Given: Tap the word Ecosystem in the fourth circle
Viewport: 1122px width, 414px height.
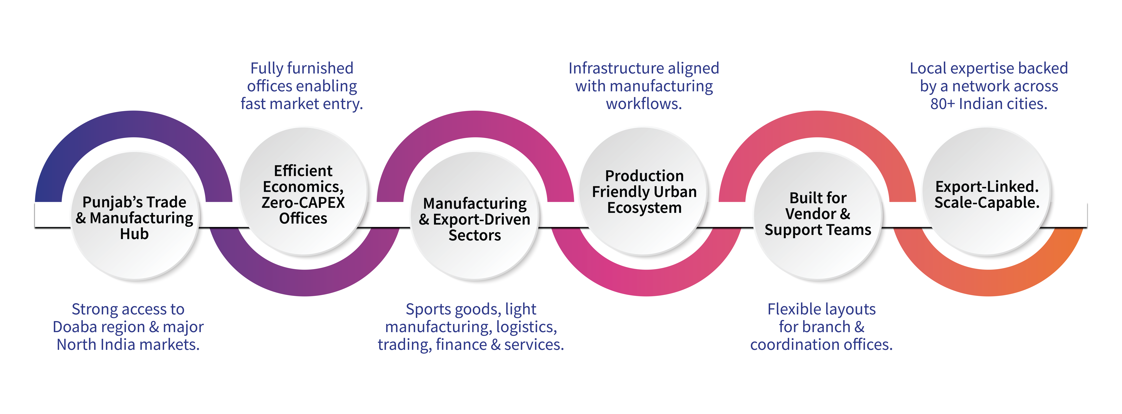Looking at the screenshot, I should coord(644,208).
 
